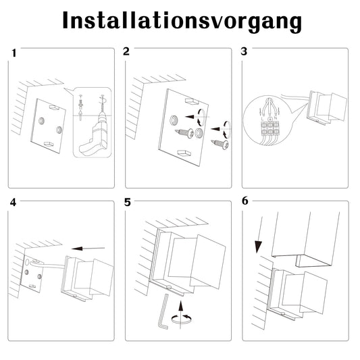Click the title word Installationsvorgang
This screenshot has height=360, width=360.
pyautogui.click(x=182, y=21)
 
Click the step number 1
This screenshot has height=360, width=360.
pyautogui.click(x=14, y=53)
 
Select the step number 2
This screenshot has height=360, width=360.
pyautogui.click(x=126, y=51)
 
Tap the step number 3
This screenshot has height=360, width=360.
pyautogui.click(x=244, y=51)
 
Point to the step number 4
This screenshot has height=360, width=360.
pyautogui.click(x=13, y=203)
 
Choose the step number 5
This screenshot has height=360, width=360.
pyautogui.click(x=128, y=203)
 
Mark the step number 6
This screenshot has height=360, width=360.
pyautogui.click(x=245, y=201)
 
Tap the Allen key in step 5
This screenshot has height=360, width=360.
pyautogui.click(x=163, y=311)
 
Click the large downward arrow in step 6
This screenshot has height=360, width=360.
pyautogui.click(x=259, y=234)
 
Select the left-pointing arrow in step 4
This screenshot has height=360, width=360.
pyautogui.click(x=88, y=249)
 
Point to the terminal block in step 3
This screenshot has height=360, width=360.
pyautogui.click(x=270, y=128)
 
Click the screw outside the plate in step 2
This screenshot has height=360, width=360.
pyautogui.click(x=220, y=144)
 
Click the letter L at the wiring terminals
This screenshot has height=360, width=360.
pyautogui.click(x=263, y=118)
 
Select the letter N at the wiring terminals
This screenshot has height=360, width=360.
pyautogui.click(x=276, y=118)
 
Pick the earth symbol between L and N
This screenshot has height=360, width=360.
pyautogui.click(x=270, y=119)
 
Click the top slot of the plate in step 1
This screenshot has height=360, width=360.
pyautogui.click(x=54, y=107)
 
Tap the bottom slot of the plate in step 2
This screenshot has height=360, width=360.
pyautogui.click(x=184, y=153)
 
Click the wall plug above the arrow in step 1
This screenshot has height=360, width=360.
pyautogui.click(x=80, y=105)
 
